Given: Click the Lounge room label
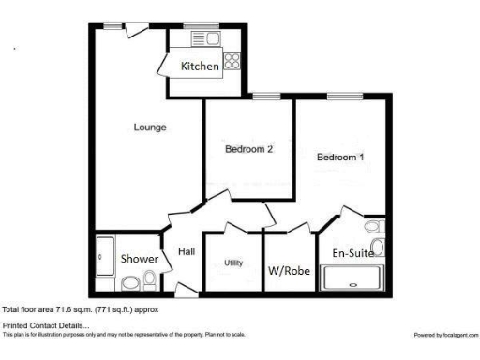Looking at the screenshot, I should click(150, 127).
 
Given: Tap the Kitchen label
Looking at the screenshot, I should click(200, 67).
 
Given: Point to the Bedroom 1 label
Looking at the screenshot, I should click(340, 157).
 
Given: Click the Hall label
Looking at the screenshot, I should click(187, 251).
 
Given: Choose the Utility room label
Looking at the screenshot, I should click(233, 262).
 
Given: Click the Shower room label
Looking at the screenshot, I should click(139, 259).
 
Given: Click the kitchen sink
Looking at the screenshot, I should click(203, 38).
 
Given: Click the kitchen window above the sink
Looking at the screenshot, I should click(197, 25).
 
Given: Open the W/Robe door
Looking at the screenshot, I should click(298, 229).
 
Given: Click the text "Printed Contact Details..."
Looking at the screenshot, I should click(38, 324).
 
